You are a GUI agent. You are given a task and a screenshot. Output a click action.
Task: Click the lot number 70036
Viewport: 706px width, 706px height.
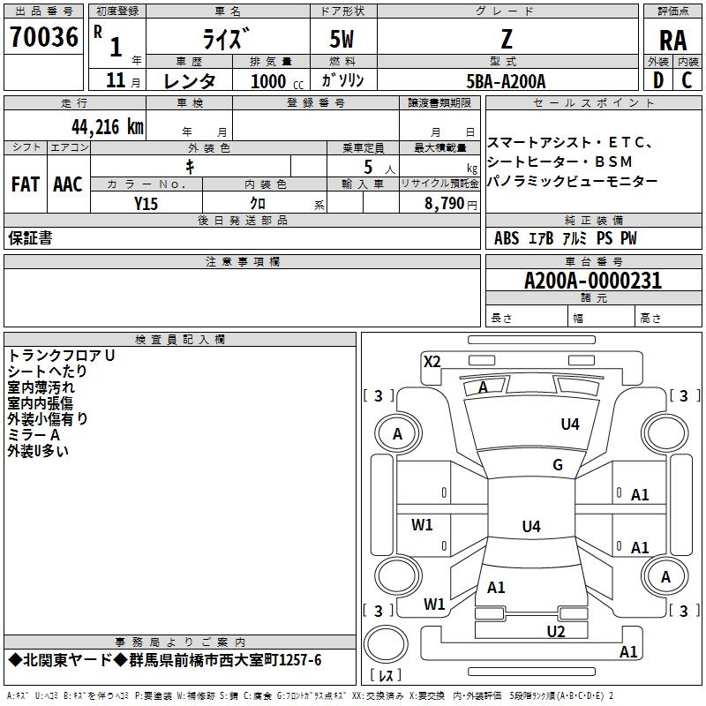coord(43,36)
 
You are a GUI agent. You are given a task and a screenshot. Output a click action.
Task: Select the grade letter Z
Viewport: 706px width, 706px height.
coord(507,39)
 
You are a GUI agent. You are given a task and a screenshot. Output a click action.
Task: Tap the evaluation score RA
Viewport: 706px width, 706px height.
coord(673,41)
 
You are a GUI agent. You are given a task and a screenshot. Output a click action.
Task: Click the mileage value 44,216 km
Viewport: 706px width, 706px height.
coord(107,127)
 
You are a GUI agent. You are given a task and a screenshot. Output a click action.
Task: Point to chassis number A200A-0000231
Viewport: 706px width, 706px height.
coord(593,281)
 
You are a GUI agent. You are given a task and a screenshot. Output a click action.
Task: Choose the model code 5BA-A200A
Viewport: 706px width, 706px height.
coord(506,81)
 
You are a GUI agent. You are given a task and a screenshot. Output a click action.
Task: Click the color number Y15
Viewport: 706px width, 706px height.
coord(146,204)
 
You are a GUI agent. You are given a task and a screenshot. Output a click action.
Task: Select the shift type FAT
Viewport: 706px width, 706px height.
coord(26,184)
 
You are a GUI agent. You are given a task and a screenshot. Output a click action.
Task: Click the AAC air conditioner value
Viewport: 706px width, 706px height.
coord(68,184)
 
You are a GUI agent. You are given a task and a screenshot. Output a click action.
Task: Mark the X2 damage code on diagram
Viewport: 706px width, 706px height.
coord(432,361)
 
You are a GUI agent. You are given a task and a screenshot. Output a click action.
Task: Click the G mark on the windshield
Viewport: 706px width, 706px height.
coord(558,464)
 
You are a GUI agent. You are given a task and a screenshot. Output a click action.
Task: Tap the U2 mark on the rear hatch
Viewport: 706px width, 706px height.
coord(556,631)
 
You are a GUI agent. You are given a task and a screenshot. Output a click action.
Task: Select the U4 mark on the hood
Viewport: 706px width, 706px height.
coord(570,424)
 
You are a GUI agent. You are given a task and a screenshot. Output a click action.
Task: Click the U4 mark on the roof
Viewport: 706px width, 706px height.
coord(531,526)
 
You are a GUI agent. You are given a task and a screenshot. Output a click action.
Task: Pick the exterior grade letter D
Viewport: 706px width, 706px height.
coord(658,80)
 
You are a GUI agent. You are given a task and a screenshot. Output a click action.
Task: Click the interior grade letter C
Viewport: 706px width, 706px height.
coord(687,80)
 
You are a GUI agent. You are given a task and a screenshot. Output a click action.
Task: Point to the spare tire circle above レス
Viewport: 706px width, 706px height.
coord(386,644)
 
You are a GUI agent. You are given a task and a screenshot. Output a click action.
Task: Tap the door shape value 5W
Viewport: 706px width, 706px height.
coord(342,39)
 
